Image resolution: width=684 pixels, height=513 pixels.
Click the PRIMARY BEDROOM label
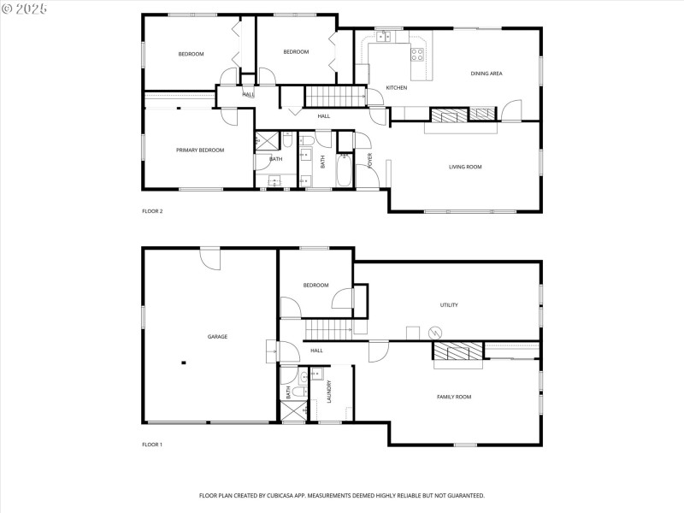200,150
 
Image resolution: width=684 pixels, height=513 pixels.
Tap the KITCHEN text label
396,88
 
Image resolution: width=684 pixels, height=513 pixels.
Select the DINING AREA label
486,74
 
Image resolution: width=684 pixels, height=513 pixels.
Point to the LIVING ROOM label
465,167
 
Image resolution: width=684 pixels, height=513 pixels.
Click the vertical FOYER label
370,161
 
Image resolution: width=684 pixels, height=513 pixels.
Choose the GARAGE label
217,337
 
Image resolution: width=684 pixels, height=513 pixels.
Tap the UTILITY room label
449,305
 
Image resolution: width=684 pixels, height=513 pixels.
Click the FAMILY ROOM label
454,397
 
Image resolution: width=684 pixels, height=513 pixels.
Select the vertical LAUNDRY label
329,392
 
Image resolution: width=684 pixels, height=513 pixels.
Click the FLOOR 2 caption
152,210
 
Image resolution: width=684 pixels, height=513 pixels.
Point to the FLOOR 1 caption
152,445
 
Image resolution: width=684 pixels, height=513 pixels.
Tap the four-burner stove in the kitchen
418,54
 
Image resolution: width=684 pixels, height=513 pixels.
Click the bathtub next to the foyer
345,170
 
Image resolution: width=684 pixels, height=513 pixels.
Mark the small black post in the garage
183,363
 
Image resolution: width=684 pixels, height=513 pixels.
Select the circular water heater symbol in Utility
435,332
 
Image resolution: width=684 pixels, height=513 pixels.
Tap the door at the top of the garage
210,256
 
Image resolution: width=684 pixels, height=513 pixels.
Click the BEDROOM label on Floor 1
315,286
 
